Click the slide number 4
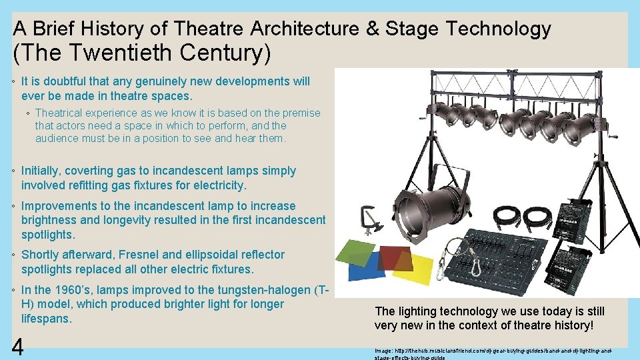click(x=18, y=347)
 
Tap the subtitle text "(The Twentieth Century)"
click(x=142, y=52)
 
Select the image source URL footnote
click(x=493, y=353)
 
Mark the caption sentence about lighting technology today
click(x=490, y=318)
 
